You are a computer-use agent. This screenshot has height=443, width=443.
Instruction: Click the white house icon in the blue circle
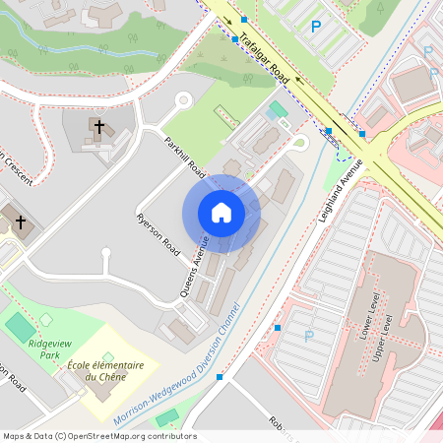pyautogui.click(x=221, y=213)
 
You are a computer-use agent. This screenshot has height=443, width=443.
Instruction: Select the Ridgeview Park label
pyautogui.click(x=48, y=349)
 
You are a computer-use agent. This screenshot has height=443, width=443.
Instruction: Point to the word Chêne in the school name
pyautogui.click(x=126, y=377)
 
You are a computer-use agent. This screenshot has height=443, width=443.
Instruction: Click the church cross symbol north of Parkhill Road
pyautogui.click(x=97, y=126)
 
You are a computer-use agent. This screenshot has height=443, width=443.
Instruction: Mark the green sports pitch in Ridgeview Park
pyautogui.click(x=20, y=324)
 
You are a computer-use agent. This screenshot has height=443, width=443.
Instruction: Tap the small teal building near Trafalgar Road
pyautogui.click(x=278, y=109)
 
